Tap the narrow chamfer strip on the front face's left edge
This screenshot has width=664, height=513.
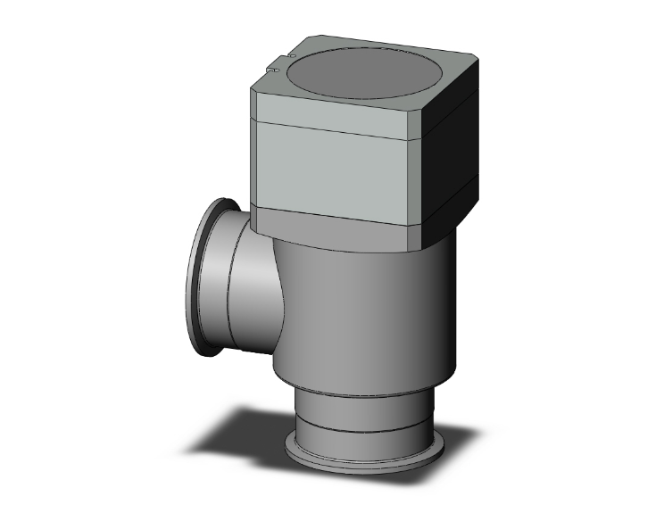pyautogui.click(x=253, y=161)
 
